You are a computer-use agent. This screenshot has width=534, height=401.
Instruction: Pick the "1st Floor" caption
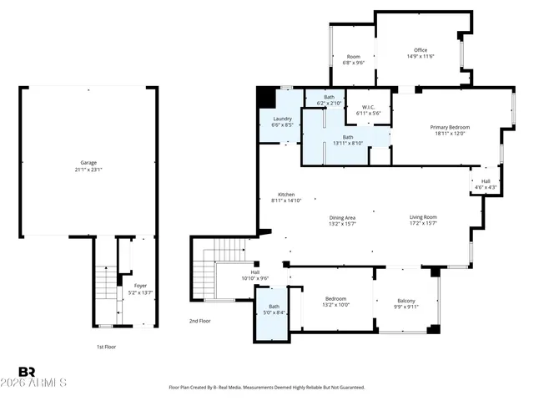[104, 346]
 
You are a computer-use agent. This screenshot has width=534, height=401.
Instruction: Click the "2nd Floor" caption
[200, 321]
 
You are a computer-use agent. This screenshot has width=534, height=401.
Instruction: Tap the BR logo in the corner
[27, 371]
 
